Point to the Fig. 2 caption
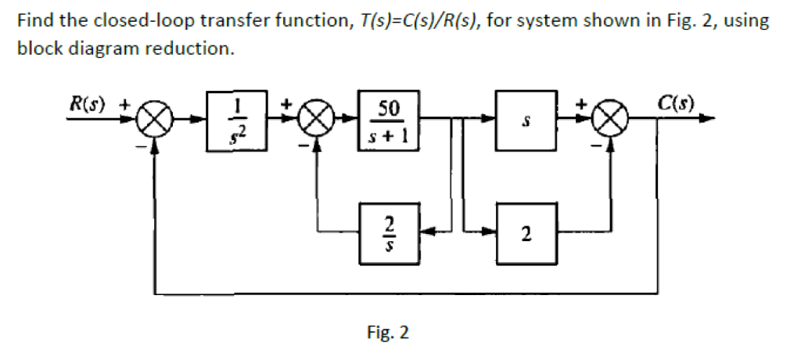tap(387, 333)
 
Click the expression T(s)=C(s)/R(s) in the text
tap(420, 21)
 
